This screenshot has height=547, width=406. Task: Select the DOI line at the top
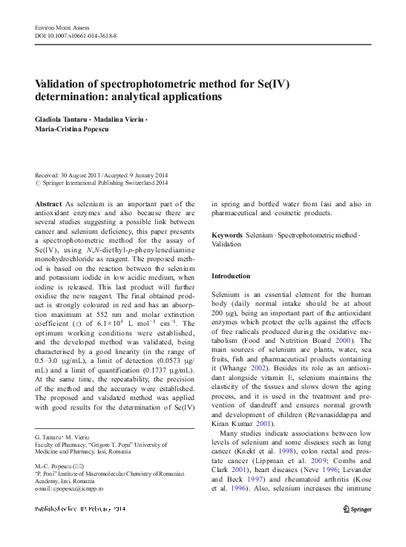pyautogui.click(x=76, y=35)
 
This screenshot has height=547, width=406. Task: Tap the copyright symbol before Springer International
pyautogui.click(x=39, y=183)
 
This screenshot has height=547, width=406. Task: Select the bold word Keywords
pyautogui.click(x=227, y=235)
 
